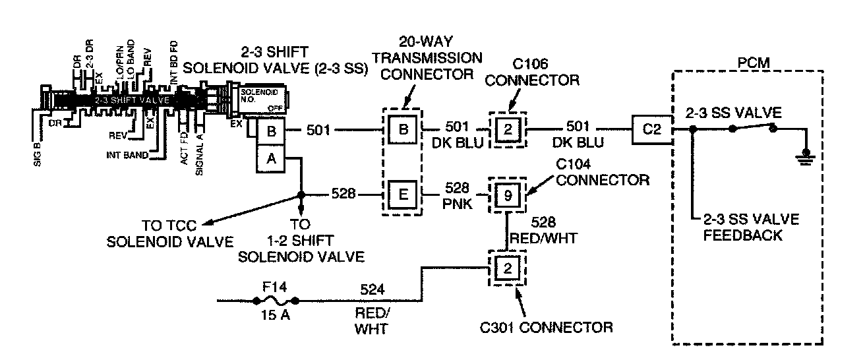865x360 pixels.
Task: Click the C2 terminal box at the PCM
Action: click(651, 129)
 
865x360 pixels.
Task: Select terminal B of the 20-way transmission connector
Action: click(402, 129)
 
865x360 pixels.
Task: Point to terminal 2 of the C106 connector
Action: click(507, 129)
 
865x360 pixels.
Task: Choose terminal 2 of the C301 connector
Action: click(507, 268)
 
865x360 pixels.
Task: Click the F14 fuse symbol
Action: click(276, 301)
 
